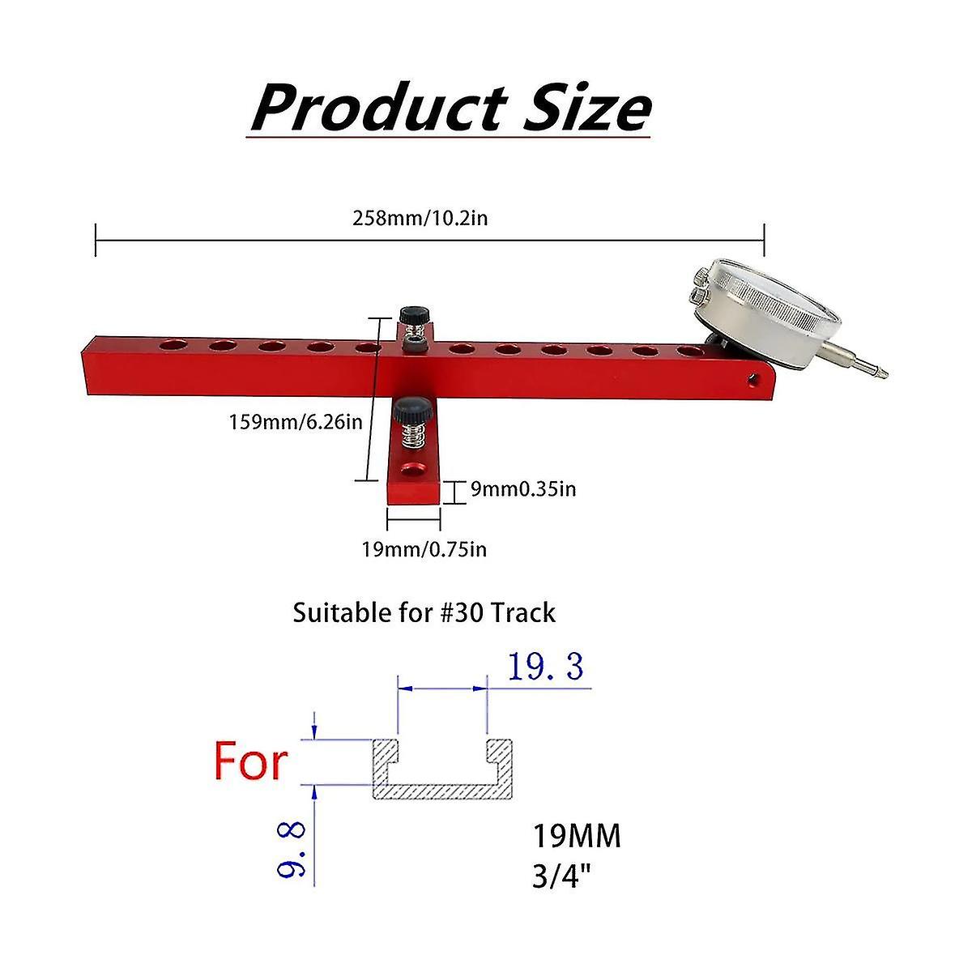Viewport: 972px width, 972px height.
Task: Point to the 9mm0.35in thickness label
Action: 523,489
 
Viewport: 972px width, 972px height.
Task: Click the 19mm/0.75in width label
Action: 424,549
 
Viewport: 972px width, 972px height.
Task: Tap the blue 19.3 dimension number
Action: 545,667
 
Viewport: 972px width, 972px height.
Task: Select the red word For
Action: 250,761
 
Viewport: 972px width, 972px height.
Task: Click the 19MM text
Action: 576,837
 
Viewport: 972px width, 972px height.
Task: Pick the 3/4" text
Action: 559,876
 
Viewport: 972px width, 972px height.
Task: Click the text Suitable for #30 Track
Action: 424,612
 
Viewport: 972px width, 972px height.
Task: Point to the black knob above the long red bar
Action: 413,313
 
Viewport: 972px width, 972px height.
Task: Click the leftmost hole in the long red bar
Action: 170,346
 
